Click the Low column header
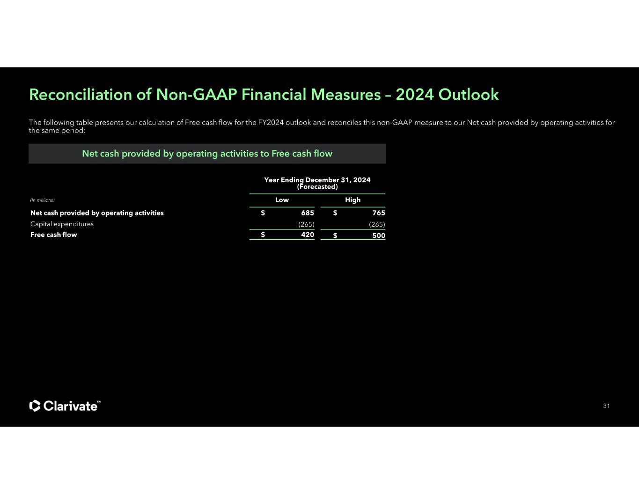click(282, 200)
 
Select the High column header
click(353, 200)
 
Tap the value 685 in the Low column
click(308, 213)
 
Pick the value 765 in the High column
click(378, 213)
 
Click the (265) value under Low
click(306, 224)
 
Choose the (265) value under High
click(377, 224)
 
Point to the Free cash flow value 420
click(308, 234)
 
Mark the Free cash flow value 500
click(378, 236)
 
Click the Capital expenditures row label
click(62, 224)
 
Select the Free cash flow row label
click(53, 235)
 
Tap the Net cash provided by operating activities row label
click(97, 213)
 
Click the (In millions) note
click(42, 200)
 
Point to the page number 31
click(606, 406)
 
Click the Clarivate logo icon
click(35, 406)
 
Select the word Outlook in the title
click(469, 95)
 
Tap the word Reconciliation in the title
click(81, 95)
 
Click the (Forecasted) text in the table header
click(317, 187)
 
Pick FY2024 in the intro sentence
click(271, 123)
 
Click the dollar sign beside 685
click(263, 213)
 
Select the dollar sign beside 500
click(335, 236)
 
